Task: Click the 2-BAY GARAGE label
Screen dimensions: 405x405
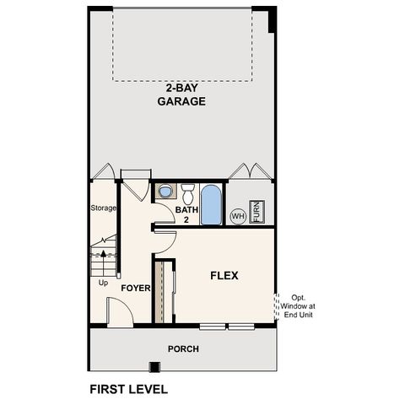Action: click(x=181, y=94)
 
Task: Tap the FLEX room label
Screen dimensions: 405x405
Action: click(x=224, y=275)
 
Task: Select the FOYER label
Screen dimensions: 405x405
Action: click(x=135, y=288)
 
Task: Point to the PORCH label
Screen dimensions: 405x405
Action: click(x=182, y=348)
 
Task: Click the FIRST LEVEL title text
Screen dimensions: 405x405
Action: click(x=128, y=390)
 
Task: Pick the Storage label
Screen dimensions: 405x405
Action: click(x=103, y=208)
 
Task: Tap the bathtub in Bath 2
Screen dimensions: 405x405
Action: click(x=212, y=204)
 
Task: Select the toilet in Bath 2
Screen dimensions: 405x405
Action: click(x=188, y=191)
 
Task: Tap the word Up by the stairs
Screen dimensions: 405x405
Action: click(x=104, y=283)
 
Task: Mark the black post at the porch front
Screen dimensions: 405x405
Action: click(x=154, y=367)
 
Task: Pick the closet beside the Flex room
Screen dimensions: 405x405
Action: click(x=159, y=291)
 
